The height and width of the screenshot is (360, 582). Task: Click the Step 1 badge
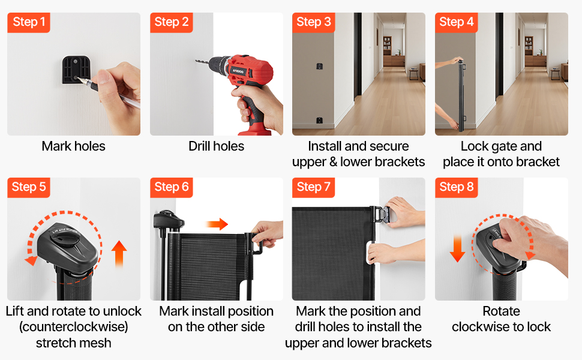coord(29,23)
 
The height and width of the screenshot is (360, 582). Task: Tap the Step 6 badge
coord(172,187)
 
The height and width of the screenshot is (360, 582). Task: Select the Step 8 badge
coord(456,187)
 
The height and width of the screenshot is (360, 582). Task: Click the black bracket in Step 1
coord(76,70)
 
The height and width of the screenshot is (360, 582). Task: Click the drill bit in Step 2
coord(202,62)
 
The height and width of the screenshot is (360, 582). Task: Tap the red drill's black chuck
coord(219,65)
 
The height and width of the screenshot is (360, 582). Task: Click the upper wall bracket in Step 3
coord(320,66)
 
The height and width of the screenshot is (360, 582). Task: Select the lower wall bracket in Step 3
coord(319,120)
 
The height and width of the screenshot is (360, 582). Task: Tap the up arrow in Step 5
coord(119,254)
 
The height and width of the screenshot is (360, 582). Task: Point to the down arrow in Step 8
coord(457,248)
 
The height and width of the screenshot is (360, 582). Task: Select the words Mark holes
coord(73,146)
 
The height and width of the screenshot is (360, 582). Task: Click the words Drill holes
coord(217,146)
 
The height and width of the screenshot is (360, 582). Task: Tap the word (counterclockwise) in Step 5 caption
coord(73,327)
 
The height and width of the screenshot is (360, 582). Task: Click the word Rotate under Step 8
coord(501,311)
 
